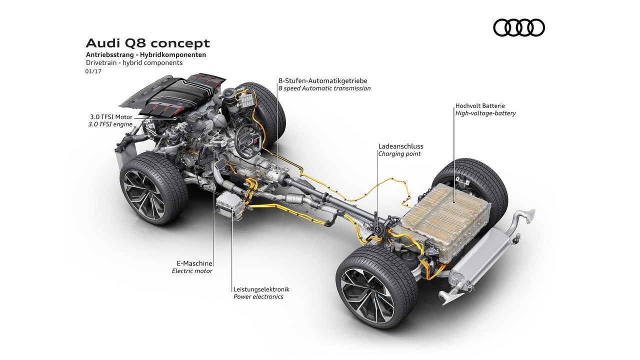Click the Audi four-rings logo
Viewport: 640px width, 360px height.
519,27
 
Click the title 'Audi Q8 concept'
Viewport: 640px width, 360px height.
147,43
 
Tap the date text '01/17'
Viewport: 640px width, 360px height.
93,71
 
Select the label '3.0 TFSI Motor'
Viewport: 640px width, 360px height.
111,117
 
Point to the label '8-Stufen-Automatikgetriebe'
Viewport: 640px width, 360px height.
323,81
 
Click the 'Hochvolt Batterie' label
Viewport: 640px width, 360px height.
480,105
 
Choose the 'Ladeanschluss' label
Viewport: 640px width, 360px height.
400,146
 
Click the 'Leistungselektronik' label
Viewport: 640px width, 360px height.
261,289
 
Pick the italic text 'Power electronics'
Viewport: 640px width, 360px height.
258,296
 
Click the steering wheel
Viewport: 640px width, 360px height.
248,140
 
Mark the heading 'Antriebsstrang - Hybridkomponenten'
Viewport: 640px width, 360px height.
146,54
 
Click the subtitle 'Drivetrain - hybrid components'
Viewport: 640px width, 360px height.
134,62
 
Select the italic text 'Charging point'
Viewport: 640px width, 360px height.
399,153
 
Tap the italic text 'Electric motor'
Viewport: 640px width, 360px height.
192,271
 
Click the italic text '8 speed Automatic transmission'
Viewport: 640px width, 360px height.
324,88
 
